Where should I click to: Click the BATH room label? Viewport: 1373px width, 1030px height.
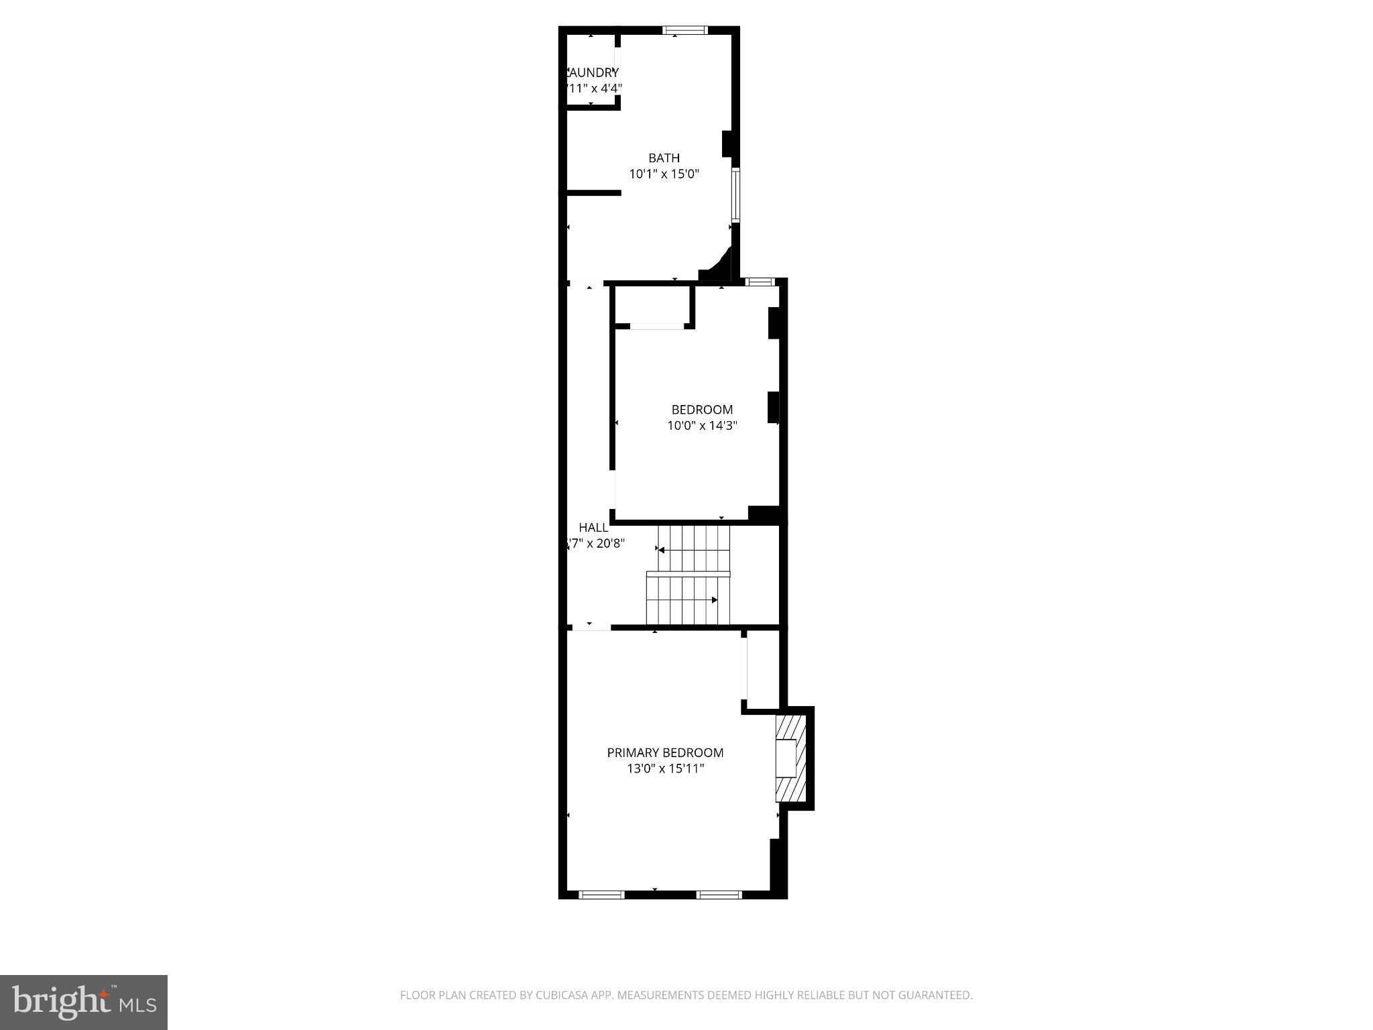pyautogui.click(x=664, y=158)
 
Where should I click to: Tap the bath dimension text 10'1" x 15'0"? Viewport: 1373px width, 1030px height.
pyautogui.click(x=664, y=174)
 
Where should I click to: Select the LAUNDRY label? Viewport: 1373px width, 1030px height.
pyautogui.click(x=593, y=72)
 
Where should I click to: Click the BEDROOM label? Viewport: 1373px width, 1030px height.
pyautogui.click(x=702, y=410)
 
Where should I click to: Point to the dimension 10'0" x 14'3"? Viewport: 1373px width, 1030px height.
pyautogui.click(x=702, y=425)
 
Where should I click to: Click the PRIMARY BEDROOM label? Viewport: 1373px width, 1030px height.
pyautogui.click(x=665, y=753)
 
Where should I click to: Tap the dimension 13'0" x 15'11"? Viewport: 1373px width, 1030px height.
pyautogui.click(x=665, y=768)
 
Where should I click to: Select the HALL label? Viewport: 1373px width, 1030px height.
pyautogui.click(x=593, y=528)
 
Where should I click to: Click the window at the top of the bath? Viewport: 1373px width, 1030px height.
pyautogui.click(x=684, y=30)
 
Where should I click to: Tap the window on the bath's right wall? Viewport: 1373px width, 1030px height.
pyautogui.click(x=735, y=194)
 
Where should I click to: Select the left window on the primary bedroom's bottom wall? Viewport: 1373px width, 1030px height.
pyautogui.click(x=601, y=894)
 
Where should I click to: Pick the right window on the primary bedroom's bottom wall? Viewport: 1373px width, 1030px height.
pyautogui.click(x=719, y=894)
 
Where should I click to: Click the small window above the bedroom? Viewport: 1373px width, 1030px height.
pyautogui.click(x=760, y=282)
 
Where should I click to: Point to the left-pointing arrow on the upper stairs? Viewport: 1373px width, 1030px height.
pyautogui.click(x=662, y=551)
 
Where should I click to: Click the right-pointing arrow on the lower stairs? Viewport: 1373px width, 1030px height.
pyautogui.click(x=714, y=600)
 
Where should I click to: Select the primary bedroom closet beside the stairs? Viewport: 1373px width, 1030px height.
pyautogui.click(x=763, y=669)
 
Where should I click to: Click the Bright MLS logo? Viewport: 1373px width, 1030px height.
pyautogui.click(x=84, y=1002)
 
